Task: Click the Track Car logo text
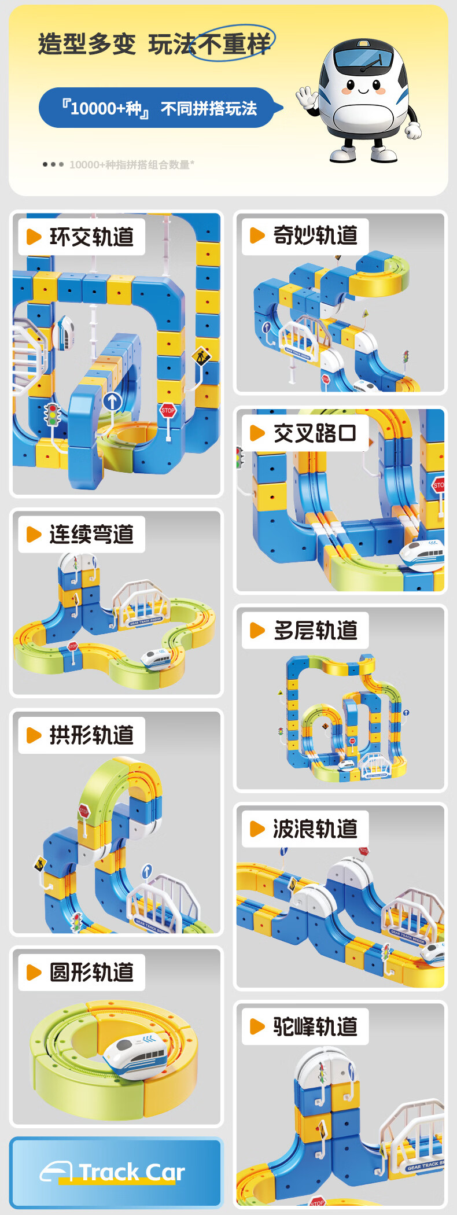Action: (131, 1172)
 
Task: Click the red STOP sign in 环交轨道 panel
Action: (168, 411)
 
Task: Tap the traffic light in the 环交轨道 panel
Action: (53, 415)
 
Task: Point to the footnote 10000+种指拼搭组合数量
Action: (131, 165)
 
